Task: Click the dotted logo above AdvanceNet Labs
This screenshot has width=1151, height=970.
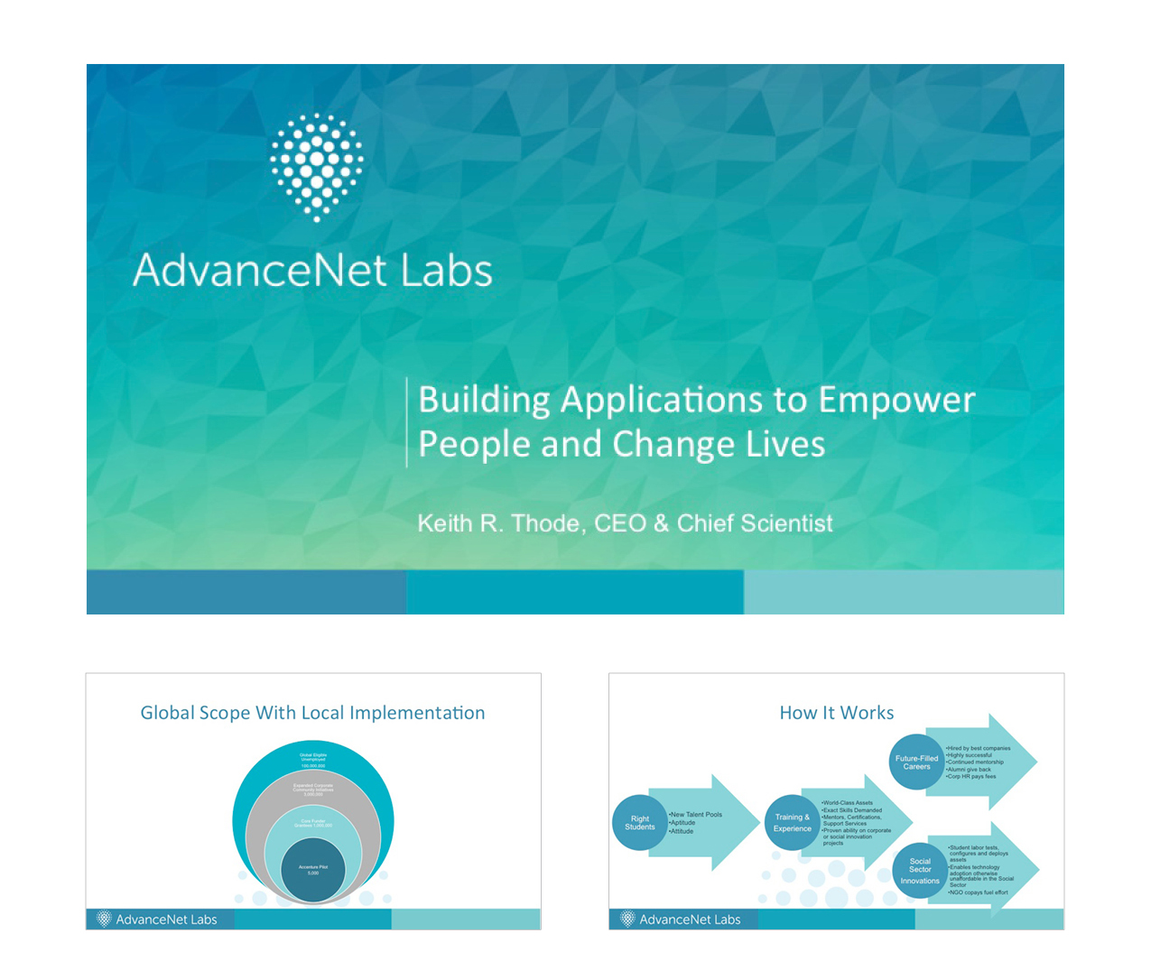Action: (316, 166)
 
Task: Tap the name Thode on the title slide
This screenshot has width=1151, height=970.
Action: (545, 523)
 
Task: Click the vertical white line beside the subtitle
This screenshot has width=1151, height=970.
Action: (407, 422)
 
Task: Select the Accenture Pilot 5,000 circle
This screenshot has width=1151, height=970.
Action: (312, 870)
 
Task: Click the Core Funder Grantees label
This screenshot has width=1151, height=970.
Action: (312, 823)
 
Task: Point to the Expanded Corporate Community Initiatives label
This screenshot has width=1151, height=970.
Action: (313, 789)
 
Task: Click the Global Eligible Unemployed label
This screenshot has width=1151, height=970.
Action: (313, 760)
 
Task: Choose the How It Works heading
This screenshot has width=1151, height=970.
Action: (837, 713)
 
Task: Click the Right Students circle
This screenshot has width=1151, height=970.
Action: (640, 823)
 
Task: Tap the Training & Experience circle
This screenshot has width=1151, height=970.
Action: (792, 823)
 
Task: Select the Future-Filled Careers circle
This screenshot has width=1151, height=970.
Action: (916, 762)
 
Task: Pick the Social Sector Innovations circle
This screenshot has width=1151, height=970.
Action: (920, 872)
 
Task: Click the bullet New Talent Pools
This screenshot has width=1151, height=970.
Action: (696, 814)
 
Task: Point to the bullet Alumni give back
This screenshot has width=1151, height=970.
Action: (969, 770)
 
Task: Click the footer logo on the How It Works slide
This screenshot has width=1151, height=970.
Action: (628, 919)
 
